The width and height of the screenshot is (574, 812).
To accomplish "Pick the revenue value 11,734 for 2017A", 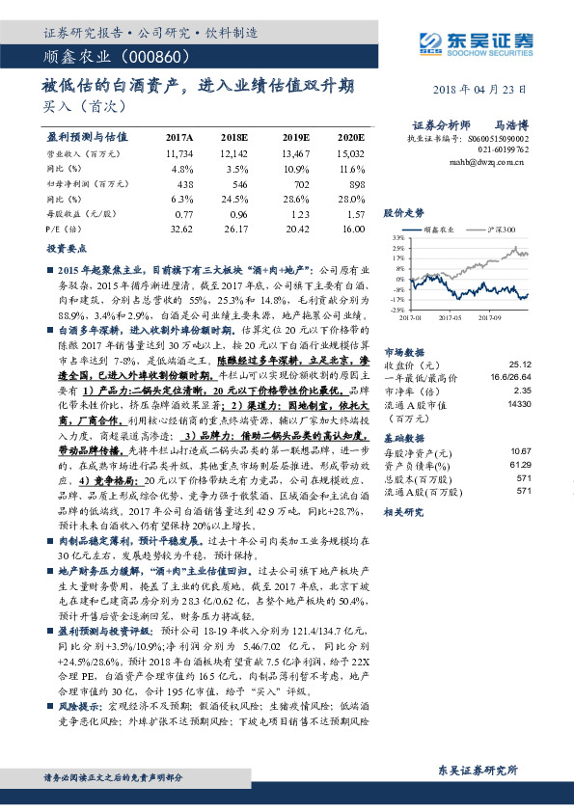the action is [179, 152].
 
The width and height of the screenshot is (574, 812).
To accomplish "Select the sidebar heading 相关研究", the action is [404, 514].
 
